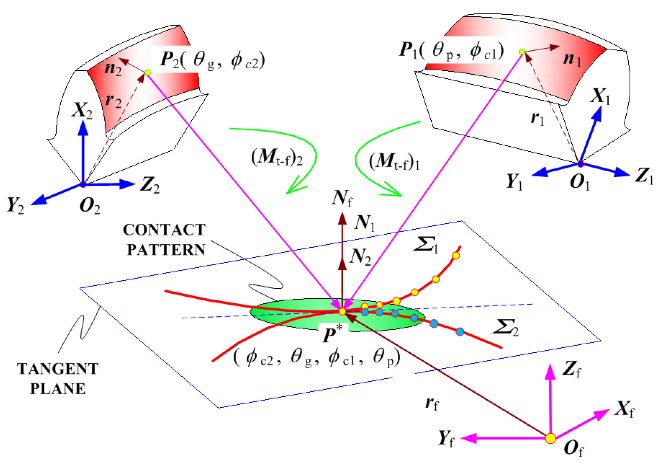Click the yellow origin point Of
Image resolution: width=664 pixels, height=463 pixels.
pos(550,438)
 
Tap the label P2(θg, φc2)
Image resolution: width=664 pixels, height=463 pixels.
pos(212,60)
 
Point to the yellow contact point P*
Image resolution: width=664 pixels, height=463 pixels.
pos(342,311)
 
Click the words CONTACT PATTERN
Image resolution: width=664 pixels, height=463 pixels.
pos(164,240)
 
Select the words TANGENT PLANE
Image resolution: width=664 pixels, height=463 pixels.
pos(58,379)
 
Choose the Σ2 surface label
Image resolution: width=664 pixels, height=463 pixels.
pos(506,328)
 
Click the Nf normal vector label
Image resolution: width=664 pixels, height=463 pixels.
pos(342,198)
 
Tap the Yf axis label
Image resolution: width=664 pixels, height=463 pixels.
pos(446,438)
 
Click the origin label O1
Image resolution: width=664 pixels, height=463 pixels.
pos(579,182)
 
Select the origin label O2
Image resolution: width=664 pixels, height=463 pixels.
pos(89,206)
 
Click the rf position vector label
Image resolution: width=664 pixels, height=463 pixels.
pos(431,403)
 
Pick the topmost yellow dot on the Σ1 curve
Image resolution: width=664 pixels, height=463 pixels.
pos(456,255)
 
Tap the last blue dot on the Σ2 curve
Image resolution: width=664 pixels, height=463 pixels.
pos(459,332)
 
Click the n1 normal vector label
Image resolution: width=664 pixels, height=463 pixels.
pos(571,59)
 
